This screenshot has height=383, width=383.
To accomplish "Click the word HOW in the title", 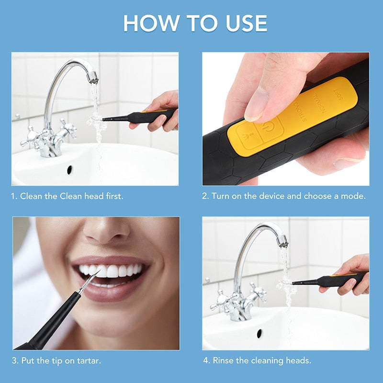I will [x=147, y=23].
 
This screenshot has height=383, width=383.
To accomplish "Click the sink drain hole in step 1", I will [x=70, y=169].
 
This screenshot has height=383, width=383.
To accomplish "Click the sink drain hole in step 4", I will [x=259, y=333].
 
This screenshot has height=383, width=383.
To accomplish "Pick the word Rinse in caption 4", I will [x=224, y=360].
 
